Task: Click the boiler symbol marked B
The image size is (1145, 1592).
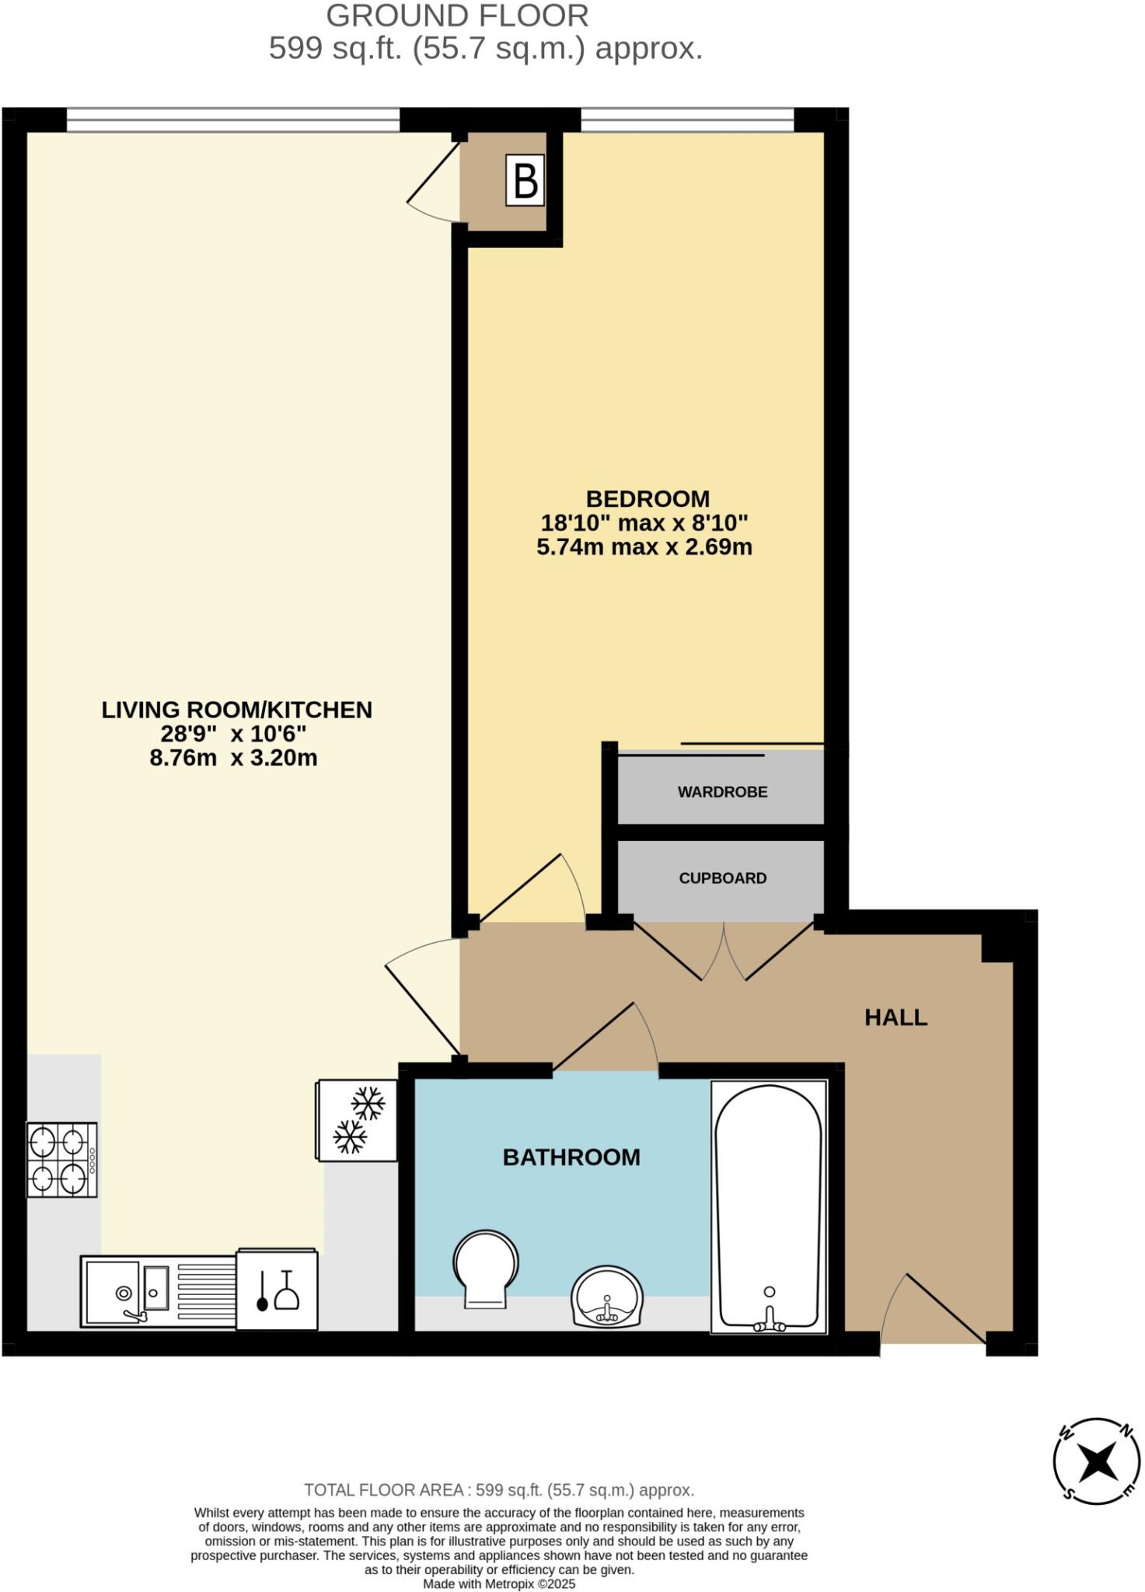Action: coord(525,180)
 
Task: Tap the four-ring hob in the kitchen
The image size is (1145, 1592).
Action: coord(62,1159)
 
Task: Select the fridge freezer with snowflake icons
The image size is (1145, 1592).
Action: coord(358,1120)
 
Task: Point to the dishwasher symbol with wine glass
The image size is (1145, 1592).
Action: coord(278,1290)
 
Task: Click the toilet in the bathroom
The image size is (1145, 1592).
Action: coord(486,1268)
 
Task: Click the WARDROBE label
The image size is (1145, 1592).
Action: coord(722,792)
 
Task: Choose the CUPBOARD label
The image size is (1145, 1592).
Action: coord(722,878)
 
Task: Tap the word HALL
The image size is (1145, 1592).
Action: coord(895,1018)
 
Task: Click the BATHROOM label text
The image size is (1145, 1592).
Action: coord(571,1157)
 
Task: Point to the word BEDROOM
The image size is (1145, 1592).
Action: coord(648,498)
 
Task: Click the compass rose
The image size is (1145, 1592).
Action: coord(1097,1461)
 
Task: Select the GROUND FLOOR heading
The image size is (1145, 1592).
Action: coord(457,16)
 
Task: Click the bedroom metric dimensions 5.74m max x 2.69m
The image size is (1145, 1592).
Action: coord(644,547)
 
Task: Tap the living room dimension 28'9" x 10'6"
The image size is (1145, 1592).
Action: coord(234,734)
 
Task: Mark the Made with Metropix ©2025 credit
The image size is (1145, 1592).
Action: coord(499,1583)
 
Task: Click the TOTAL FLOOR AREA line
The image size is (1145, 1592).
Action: coord(498,1490)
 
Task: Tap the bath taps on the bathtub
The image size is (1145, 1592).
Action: coord(769,1321)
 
